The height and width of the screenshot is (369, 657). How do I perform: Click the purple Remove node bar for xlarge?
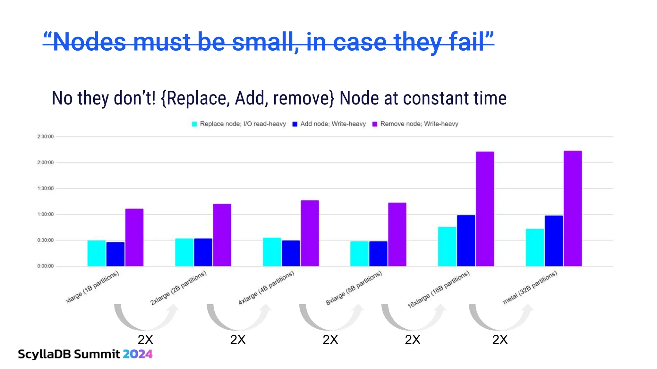click(x=134, y=237)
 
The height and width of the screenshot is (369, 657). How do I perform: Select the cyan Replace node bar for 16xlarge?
click(x=447, y=246)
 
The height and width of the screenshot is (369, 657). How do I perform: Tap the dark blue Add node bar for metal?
click(x=553, y=241)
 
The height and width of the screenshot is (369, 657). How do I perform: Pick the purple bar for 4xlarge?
click(x=310, y=233)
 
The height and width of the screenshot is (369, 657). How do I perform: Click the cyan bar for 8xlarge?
click(x=359, y=253)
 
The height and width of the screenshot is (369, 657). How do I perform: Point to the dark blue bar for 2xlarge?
click(x=203, y=252)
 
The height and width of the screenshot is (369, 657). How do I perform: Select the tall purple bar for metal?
click(x=572, y=208)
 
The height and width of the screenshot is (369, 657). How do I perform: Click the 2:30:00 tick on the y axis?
click(x=45, y=137)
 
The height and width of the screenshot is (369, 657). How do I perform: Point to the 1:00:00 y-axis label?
click(x=45, y=214)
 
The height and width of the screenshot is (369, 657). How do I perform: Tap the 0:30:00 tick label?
click(x=45, y=240)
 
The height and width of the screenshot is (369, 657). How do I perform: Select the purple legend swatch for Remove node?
click(x=375, y=124)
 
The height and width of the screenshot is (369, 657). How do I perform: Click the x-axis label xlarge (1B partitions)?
click(x=92, y=287)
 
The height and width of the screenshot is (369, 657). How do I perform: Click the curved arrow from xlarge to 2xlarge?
click(x=146, y=319)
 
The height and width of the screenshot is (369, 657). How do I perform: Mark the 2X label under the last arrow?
click(x=500, y=340)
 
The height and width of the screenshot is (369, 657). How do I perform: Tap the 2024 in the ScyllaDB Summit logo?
click(x=138, y=354)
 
